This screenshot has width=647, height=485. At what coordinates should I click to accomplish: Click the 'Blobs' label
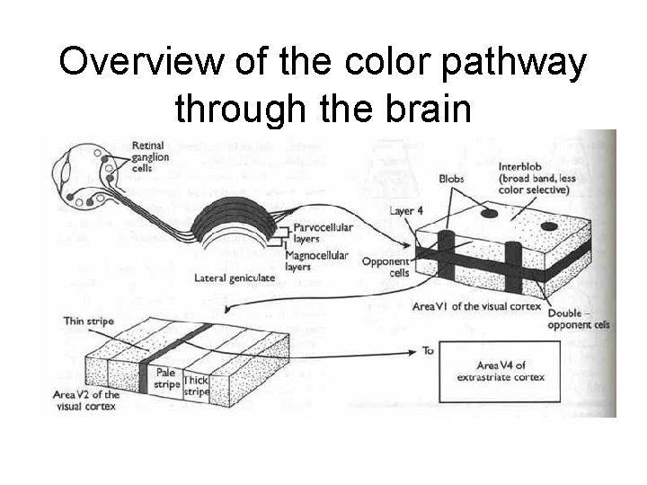[x=452, y=179]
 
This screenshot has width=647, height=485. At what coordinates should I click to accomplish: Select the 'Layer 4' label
[x=406, y=211]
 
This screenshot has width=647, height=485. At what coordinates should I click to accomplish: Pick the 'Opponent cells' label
[x=386, y=267]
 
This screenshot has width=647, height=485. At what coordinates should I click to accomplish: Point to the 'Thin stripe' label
[x=87, y=320]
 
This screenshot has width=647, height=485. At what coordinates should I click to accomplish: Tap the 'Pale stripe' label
[x=166, y=378]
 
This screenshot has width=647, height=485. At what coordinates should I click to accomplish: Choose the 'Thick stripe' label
[x=197, y=386]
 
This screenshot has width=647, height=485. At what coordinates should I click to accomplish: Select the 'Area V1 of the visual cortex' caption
[x=476, y=306]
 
